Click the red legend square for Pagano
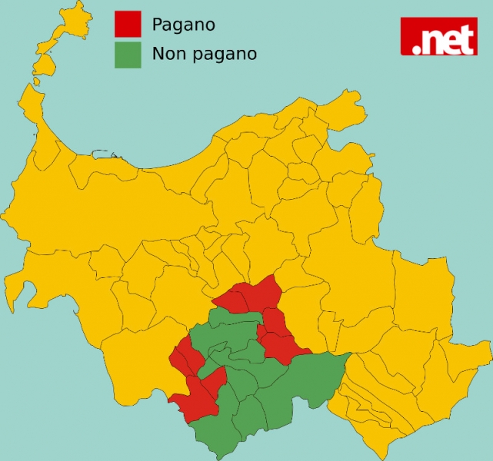click(128, 24)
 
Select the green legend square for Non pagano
click(128, 55)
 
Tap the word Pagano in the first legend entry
click(183, 25)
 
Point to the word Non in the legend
click(168, 54)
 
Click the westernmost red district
click(182, 357)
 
